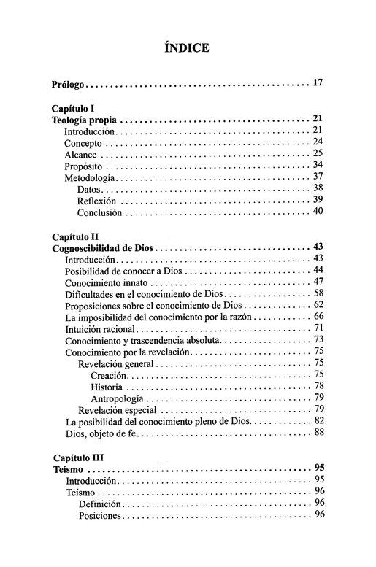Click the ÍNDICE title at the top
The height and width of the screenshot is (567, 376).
point(188,48)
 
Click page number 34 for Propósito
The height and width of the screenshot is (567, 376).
point(318,166)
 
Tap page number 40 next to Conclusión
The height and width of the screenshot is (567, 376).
point(318,212)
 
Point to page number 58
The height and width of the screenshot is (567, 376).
point(318,293)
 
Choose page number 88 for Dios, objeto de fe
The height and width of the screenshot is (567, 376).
point(318,433)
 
